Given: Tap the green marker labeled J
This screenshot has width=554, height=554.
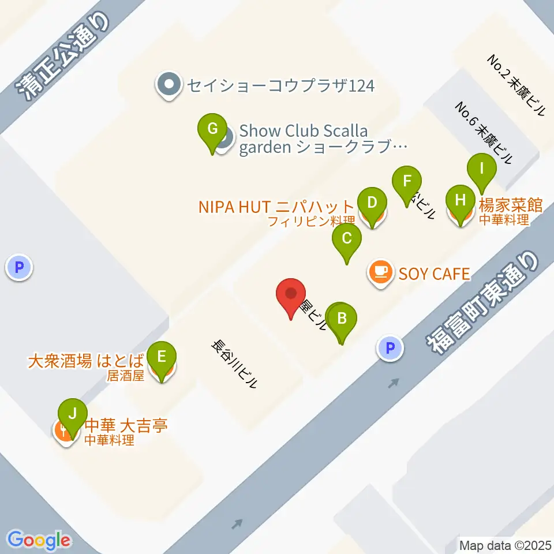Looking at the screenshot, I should [72, 414].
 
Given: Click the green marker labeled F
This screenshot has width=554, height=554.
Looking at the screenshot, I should [407, 182].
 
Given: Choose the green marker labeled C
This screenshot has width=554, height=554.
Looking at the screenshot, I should [347, 239].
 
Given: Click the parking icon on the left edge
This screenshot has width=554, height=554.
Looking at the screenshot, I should [20, 267].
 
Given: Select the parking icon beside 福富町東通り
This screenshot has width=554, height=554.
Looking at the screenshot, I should [390, 348].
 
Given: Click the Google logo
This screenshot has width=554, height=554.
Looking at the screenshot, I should [39, 540].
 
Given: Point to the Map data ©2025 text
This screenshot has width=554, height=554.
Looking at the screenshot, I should [506, 545].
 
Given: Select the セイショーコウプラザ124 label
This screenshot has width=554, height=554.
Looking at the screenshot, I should [280, 86].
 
